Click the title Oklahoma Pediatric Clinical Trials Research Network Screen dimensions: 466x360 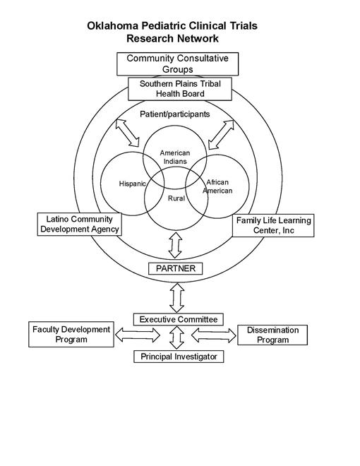coord(172,32)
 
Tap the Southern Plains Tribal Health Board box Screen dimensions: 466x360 coord(172,88)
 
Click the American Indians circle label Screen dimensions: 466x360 coord(174,157)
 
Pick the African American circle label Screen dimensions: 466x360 coord(217,186)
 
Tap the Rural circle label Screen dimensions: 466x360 coord(176,198)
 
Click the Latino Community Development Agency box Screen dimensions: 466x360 coord(79,225)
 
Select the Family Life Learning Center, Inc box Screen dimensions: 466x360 coord(272,226)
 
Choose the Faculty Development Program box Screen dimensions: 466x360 coord(71,334)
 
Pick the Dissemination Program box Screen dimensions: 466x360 coord(273,334)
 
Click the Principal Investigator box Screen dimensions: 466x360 coord(179,357)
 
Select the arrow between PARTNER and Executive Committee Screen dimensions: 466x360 coord(176,294)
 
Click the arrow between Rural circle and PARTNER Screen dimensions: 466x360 coord(176,245)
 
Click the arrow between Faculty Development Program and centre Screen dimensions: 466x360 coord(137,332)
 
